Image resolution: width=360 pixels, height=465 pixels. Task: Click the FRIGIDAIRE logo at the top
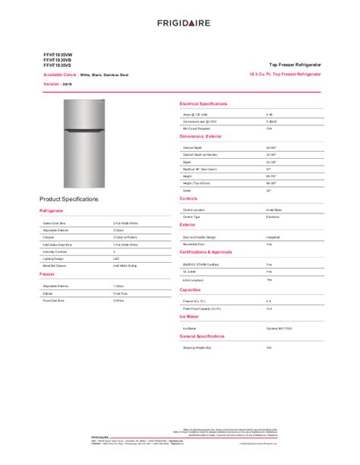click(x=179, y=24)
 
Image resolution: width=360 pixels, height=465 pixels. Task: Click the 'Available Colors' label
click(x=59, y=75)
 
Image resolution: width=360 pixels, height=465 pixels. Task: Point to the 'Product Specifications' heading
click(x=68, y=198)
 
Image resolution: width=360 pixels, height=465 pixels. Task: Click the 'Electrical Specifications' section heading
click(x=204, y=103)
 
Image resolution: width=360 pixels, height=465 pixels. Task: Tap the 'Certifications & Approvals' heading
click(x=206, y=250)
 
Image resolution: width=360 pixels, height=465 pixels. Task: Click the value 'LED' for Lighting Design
click(x=115, y=258)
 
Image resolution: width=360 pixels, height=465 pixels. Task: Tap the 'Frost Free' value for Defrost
click(x=119, y=292)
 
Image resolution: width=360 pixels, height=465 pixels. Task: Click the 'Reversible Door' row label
click(x=194, y=244)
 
